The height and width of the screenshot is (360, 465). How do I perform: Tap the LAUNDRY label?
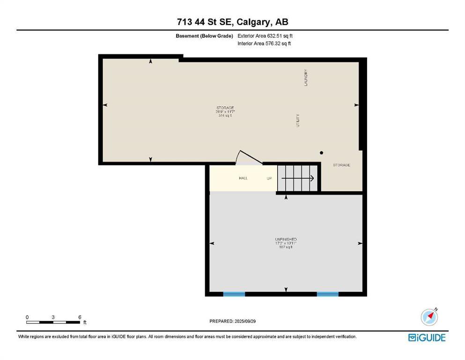pyautogui.click(x=306, y=78)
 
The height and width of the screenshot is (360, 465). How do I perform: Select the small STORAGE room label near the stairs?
pyautogui.click(x=341, y=165)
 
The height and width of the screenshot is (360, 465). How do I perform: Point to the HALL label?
pyautogui.click(x=243, y=178)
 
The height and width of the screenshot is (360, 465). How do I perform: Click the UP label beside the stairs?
pyautogui.click(x=269, y=178)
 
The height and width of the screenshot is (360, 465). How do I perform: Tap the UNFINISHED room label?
pyautogui.click(x=286, y=239)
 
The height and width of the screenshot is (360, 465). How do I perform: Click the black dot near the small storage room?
pyautogui.click(x=321, y=153)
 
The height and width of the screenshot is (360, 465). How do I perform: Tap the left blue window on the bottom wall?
pyautogui.click(x=234, y=294)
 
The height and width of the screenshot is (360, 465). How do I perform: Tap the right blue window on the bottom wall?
pyautogui.click(x=327, y=294)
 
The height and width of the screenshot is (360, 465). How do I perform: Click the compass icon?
pyautogui.click(x=429, y=317)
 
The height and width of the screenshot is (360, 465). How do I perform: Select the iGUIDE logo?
pyautogui.click(x=427, y=337)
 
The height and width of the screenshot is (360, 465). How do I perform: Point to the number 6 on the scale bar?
pyautogui.click(x=80, y=317)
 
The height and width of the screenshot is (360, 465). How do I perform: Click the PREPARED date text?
pyautogui.click(x=232, y=321)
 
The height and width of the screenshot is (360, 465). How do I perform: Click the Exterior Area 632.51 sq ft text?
pyautogui.click(x=265, y=36)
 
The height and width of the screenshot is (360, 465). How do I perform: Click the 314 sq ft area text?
pyautogui.click(x=225, y=116)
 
